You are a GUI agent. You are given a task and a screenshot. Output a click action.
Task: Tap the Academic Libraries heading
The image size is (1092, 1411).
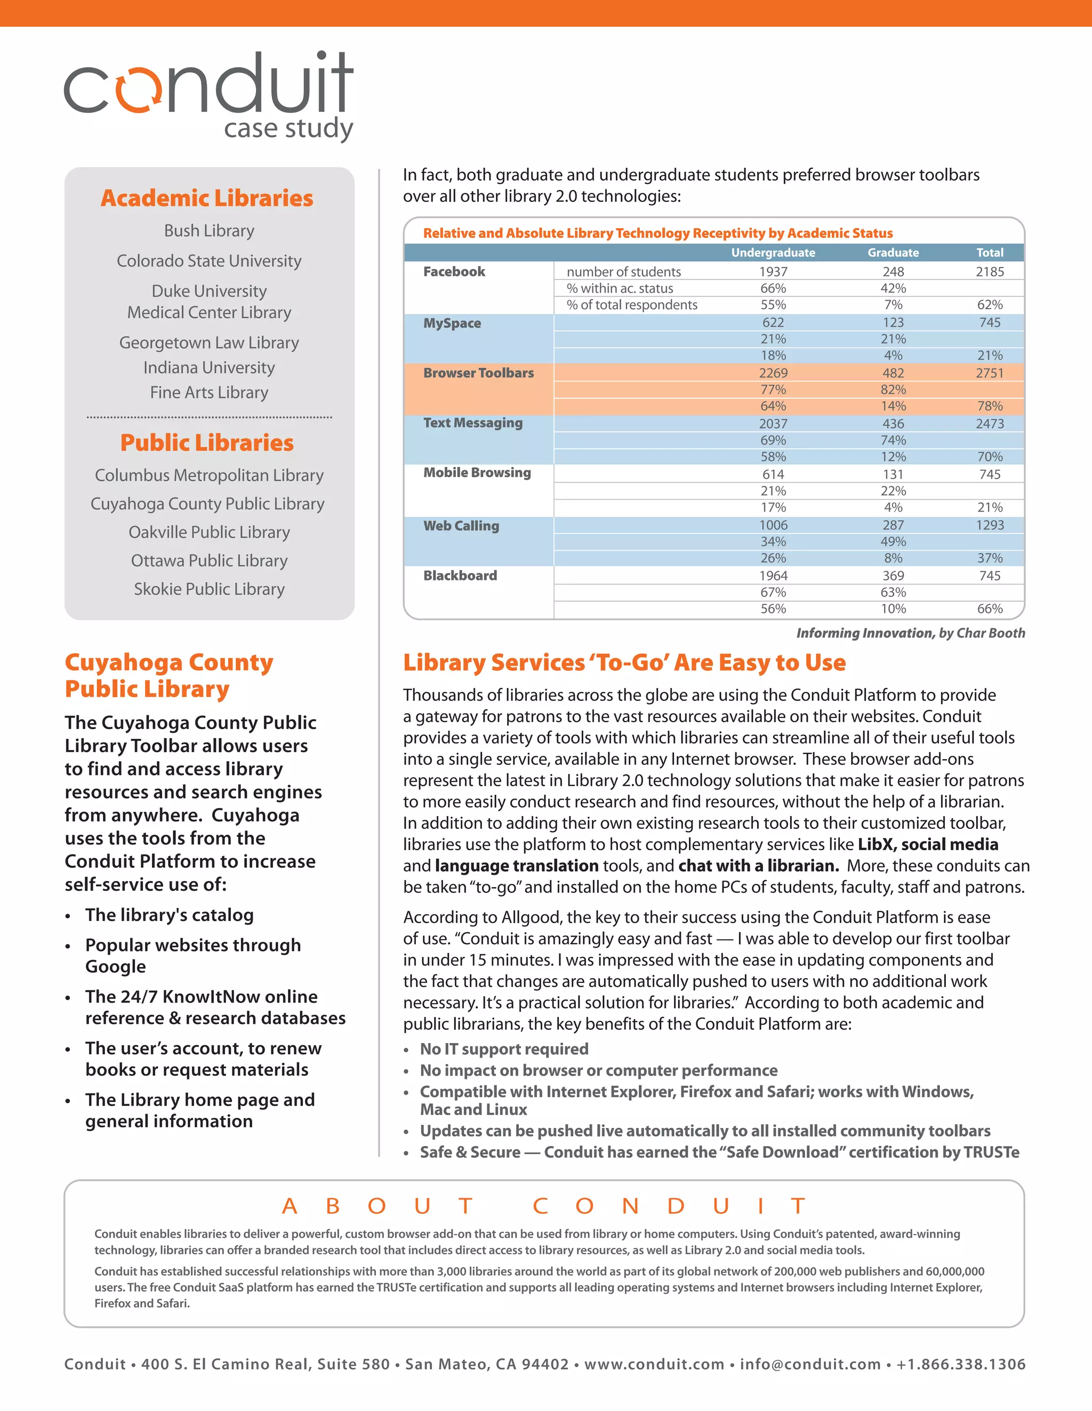pyautogui.click(x=207, y=198)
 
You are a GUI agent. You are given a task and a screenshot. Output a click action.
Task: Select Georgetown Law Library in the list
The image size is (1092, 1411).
pyautogui.click(x=208, y=342)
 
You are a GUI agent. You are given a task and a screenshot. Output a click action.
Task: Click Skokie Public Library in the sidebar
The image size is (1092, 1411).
pyautogui.click(x=208, y=589)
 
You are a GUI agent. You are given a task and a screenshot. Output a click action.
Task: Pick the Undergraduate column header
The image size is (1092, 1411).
pyautogui.click(x=773, y=253)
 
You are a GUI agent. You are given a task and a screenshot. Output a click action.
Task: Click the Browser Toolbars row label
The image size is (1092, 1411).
pyautogui.click(x=478, y=373)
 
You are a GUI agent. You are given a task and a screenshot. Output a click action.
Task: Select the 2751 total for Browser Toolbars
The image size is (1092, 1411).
pyautogui.click(x=989, y=373)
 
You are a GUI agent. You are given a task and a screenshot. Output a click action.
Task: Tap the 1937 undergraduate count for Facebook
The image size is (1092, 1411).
pyautogui.click(x=773, y=272)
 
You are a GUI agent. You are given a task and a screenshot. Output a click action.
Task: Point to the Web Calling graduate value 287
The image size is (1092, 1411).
pyautogui.click(x=893, y=525)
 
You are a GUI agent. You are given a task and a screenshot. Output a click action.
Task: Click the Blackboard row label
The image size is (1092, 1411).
pyautogui.click(x=460, y=576)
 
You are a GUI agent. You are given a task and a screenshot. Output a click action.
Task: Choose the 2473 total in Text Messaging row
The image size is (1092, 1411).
pyautogui.click(x=989, y=424)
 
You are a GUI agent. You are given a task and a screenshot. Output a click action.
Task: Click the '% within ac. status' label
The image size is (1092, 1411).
pyautogui.click(x=620, y=288)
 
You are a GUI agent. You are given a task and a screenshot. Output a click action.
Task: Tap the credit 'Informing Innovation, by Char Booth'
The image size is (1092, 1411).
pyautogui.click(x=910, y=633)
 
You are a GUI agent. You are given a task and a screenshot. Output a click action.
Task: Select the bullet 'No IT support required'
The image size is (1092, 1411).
pyautogui.click(x=504, y=1049)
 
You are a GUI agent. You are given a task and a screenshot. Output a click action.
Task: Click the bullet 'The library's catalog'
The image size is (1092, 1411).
pyautogui.click(x=170, y=915)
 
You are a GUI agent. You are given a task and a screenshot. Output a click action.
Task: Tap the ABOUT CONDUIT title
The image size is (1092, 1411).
pyautogui.click(x=544, y=1206)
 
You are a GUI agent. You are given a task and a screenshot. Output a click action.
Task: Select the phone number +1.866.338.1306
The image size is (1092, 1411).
pyautogui.click(x=960, y=1364)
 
